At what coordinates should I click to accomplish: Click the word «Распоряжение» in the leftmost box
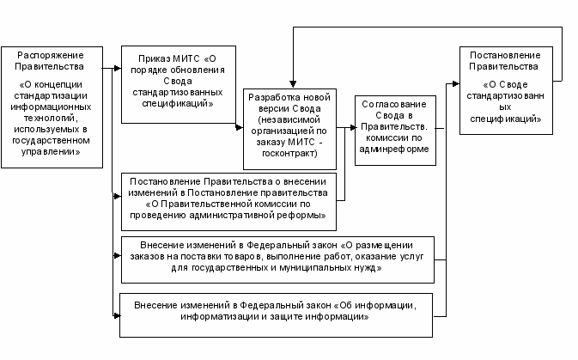[51, 56]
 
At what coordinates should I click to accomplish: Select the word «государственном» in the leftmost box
[51, 141]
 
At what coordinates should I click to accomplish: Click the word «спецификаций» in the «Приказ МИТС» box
[177, 104]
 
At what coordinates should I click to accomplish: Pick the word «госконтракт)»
[289, 154]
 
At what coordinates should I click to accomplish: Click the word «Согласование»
[394, 104]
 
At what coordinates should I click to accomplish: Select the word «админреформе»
[394, 149]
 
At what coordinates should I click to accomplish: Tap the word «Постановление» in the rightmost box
[505, 56]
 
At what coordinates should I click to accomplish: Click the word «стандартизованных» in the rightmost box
[505, 101]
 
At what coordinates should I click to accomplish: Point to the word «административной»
[232, 216]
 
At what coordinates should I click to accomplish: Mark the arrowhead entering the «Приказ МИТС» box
[118, 68]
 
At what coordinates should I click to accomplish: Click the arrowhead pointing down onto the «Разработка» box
[293, 84]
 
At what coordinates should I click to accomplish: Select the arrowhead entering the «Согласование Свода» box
[352, 128]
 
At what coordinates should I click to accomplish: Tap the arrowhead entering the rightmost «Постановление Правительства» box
[456, 83]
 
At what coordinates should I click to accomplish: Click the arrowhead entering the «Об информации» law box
[117, 315]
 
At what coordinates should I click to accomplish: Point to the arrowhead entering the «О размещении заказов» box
[118, 256]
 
